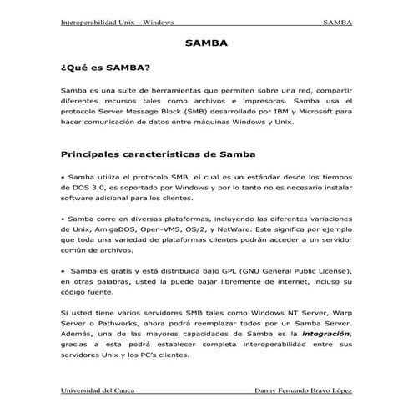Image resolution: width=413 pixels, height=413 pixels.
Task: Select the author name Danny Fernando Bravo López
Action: [301, 391]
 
